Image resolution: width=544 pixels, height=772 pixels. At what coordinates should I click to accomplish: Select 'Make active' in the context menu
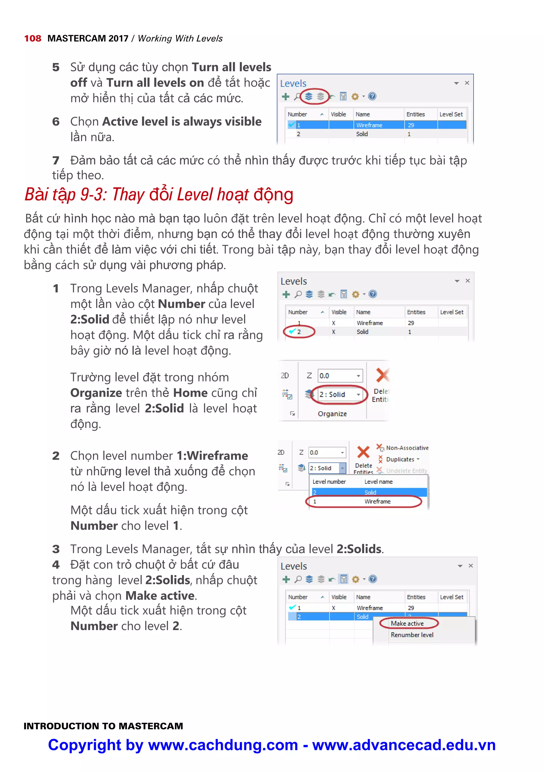[407, 623]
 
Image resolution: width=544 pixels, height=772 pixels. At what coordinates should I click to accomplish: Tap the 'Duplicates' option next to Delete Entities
[400, 459]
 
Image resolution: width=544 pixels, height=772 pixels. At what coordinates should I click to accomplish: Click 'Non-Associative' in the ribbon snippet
[407, 448]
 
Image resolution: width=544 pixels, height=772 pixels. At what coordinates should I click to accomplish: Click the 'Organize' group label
[332, 414]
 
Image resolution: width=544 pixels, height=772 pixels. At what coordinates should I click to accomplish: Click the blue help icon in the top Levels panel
[372, 96]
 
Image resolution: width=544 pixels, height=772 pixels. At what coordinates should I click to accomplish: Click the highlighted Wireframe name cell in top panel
[369, 125]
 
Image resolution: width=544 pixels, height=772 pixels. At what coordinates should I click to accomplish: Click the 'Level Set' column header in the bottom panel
[452, 597]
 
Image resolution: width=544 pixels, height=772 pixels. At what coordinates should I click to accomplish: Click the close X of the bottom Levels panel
[471, 566]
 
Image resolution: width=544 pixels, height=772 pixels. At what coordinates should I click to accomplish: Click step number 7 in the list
[56, 160]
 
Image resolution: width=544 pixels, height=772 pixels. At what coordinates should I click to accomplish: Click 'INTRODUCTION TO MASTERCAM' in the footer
[103, 726]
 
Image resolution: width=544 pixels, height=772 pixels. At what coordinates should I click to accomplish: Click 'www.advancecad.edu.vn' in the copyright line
[404, 745]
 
